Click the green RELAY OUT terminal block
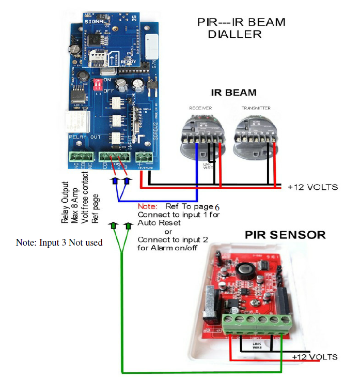point(79,157)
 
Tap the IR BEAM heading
point(233,93)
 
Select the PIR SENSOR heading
point(285,235)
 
